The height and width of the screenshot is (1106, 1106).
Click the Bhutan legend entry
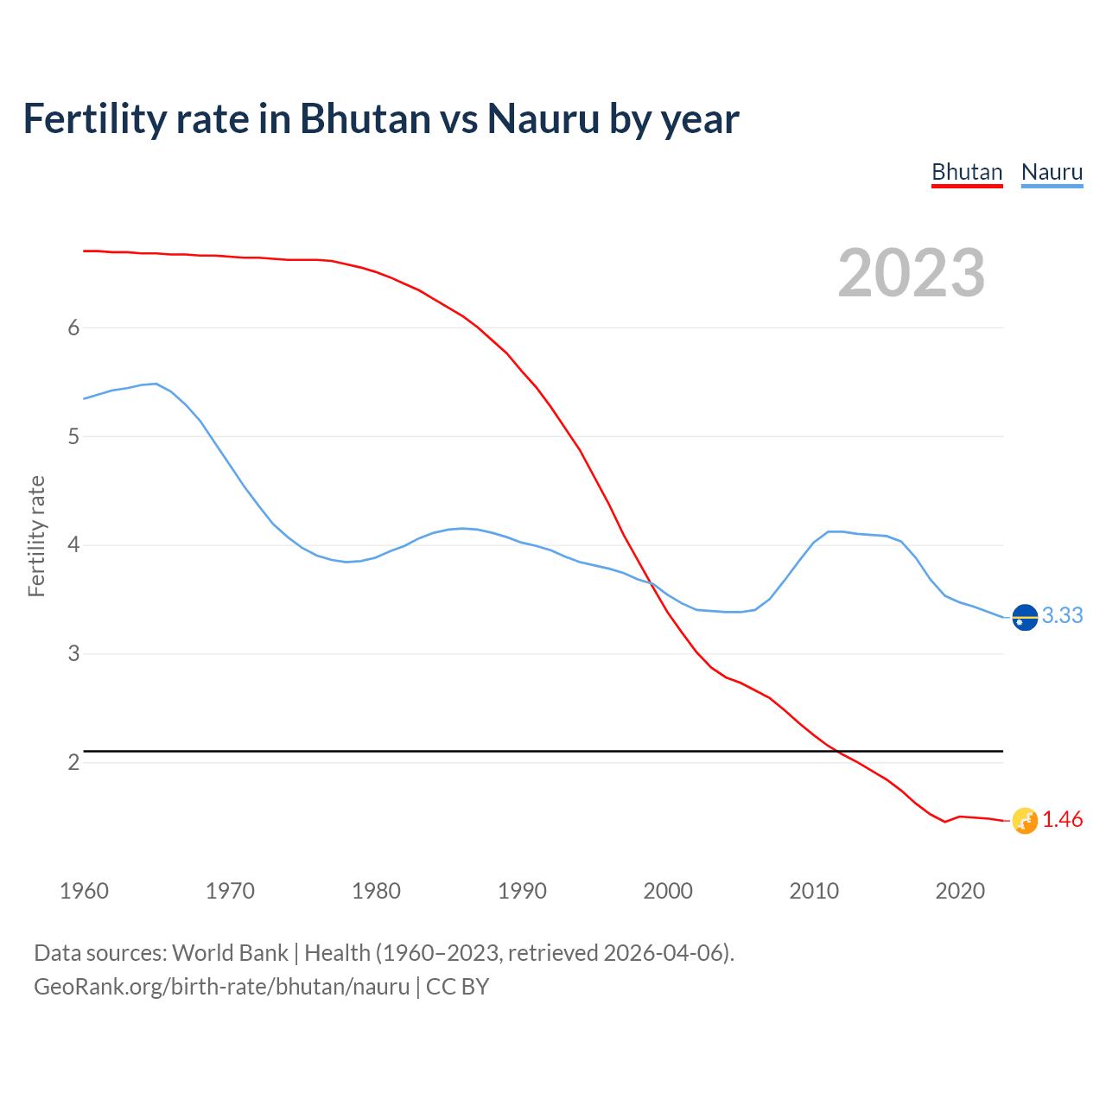[x=966, y=172]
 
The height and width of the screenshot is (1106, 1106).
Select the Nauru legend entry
[x=1052, y=172]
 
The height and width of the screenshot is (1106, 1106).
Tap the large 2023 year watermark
[x=911, y=273]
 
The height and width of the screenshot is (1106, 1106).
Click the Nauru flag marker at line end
[x=1025, y=617]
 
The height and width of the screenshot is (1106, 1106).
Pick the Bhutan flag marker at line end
[x=1025, y=820]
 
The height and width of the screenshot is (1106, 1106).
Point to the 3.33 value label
[x=1062, y=615]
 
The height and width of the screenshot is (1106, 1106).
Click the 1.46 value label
[x=1062, y=820]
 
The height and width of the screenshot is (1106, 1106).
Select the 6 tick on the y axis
[x=73, y=327]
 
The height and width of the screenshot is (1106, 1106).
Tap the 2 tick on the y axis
[x=73, y=762]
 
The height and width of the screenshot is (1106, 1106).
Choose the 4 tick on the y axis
[x=73, y=545]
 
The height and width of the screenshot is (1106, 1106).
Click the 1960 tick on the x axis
[x=84, y=891]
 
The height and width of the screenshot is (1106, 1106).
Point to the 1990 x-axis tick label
[x=522, y=891]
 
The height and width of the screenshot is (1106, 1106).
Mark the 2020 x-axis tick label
[x=960, y=891]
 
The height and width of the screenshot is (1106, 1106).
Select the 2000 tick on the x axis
[x=668, y=891]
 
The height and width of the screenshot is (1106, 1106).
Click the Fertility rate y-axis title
[x=36, y=536]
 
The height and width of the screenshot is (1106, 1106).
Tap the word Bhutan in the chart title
[x=365, y=119]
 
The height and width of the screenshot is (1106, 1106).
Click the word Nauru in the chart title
[x=543, y=119]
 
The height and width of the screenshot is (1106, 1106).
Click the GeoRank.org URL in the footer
[x=221, y=986]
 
